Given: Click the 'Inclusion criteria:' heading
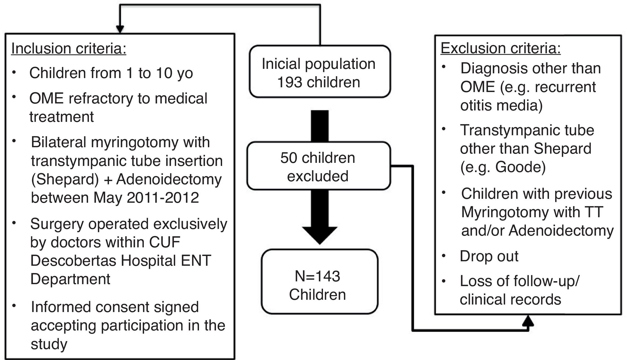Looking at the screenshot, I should pos(69,49).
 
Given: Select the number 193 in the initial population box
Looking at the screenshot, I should pos(290,82).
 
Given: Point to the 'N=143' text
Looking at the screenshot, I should pos(317,276).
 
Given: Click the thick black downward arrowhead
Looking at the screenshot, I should pos(320,235).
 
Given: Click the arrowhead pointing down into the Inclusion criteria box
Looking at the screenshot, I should pos(120,29).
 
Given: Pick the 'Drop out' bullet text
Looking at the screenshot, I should pos(489,256).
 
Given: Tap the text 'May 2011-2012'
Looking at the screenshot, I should pos(146,198).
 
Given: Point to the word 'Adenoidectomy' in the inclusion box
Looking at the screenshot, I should pos(169,179).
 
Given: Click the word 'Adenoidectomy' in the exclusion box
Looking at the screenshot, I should pos(561,231).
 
